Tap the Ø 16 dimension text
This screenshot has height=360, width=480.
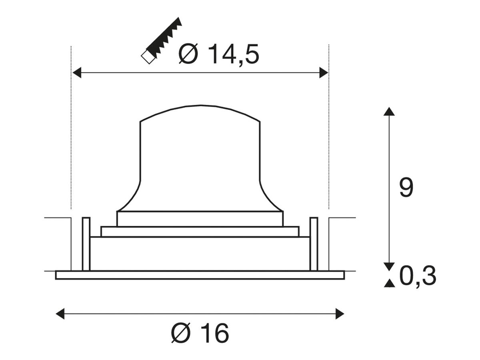coord(200,333)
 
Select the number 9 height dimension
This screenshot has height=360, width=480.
coord(406,188)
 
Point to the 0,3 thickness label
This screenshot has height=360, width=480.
coord(418,276)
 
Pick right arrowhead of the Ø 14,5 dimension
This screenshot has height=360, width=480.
coord(324,73)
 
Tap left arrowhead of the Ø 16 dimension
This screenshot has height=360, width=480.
coord(60,314)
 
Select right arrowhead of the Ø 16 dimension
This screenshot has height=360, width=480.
coord(340,314)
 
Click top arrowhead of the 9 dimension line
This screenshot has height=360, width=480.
coord(389,111)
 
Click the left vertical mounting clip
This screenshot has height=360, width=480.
coord(86,244)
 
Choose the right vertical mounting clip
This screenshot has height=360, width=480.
coord(314,244)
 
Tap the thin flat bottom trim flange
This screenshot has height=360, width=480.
coord(200,275)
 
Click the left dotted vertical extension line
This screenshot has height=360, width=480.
coord(71,128)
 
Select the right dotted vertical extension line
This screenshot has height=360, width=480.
coord(328,128)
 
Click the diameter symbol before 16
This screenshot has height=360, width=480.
coord(181,333)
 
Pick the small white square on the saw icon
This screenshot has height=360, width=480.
coord(147,58)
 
